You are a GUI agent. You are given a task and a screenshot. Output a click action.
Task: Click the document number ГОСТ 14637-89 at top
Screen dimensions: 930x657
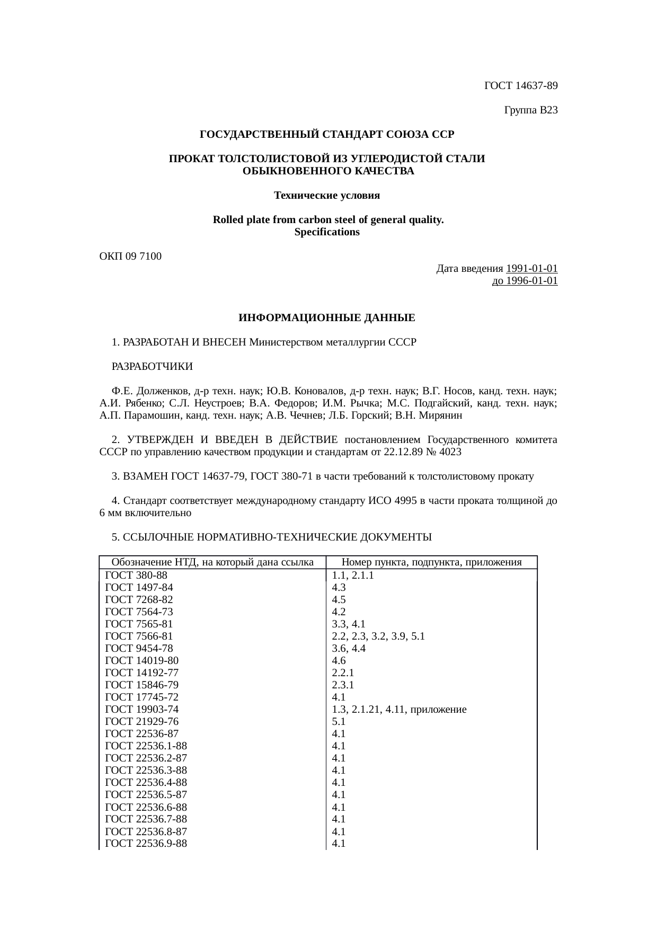coord(521,85)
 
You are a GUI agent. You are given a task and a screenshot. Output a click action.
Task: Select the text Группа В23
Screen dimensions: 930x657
coord(531,110)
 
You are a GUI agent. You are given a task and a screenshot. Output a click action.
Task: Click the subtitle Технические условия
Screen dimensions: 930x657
coord(327,196)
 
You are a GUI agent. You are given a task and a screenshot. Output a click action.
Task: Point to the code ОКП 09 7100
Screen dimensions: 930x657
coord(131,256)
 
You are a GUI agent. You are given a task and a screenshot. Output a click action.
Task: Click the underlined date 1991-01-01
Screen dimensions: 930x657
coord(532,269)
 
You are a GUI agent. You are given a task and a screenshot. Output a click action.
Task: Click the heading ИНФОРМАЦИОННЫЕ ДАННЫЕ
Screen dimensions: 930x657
coord(327,318)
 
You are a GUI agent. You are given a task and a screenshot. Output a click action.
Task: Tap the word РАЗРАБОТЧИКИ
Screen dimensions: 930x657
coord(153,367)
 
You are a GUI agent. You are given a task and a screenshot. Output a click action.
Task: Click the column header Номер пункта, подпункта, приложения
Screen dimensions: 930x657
coord(432,562)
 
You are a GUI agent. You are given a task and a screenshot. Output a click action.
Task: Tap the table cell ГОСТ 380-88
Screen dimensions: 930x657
coord(137,575)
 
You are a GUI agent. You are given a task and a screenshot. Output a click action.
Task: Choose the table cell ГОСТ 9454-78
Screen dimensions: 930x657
coord(139,649)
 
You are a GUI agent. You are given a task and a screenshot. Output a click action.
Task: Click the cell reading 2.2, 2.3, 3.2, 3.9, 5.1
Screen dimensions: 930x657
coord(378,636)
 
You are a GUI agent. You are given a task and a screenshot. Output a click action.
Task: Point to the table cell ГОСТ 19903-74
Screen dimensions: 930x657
coord(142,710)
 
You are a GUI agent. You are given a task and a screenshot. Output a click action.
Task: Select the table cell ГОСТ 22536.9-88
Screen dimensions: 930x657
coord(146,843)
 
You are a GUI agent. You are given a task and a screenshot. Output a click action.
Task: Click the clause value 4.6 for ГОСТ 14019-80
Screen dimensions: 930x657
coord(339,661)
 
